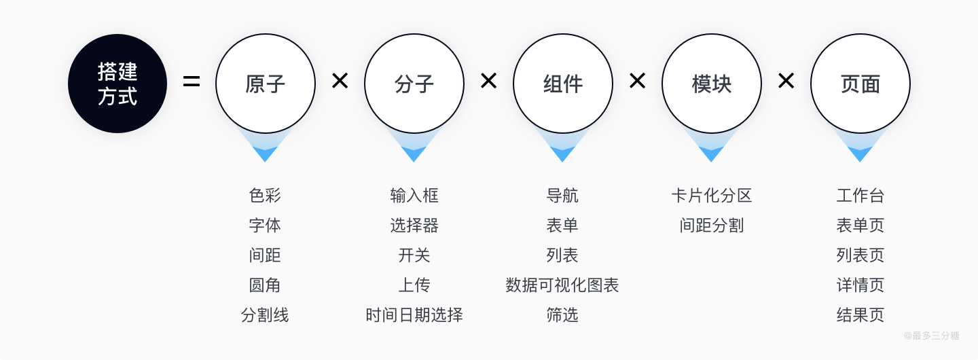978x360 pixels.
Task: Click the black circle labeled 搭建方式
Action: [x=117, y=84]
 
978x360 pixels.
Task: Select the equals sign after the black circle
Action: [x=192, y=83]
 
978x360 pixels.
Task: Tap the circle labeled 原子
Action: [x=266, y=84]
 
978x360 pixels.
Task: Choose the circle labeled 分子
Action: [x=414, y=84]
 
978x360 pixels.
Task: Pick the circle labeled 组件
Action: [x=563, y=84]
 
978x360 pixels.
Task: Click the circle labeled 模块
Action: [x=712, y=84]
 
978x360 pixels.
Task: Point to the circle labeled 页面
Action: [x=861, y=84]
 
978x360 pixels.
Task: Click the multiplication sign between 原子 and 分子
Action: [x=340, y=82]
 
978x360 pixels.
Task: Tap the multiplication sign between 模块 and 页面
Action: [x=786, y=82]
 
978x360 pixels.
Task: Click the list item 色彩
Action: [x=265, y=196]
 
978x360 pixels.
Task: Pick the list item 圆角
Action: [x=265, y=285]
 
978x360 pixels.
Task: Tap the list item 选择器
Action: [x=414, y=226]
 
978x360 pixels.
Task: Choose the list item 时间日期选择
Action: [x=414, y=315]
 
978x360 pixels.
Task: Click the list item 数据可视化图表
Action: [x=562, y=285]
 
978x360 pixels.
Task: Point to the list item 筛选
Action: [x=562, y=315]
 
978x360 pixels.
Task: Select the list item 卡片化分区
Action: [x=712, y=196]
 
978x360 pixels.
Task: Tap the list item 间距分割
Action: [x=712, y=226]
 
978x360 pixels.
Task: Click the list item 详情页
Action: [x=861, y=285]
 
